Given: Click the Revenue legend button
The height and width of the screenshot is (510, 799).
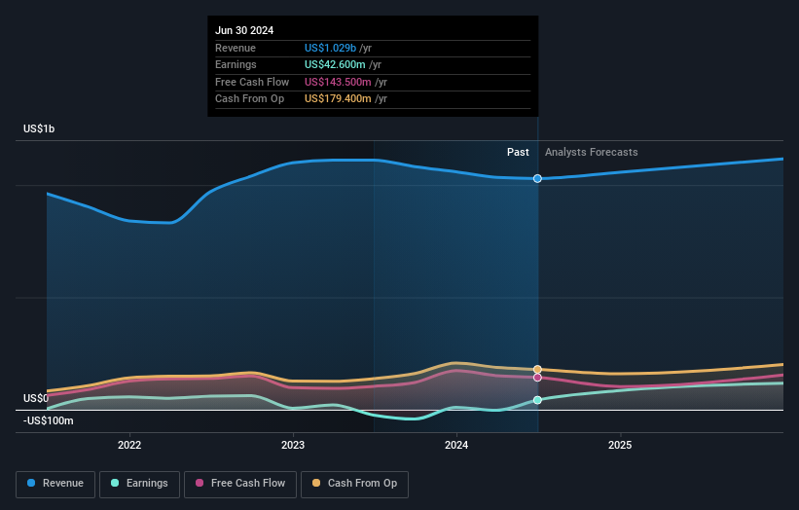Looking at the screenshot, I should (x=56, y=484).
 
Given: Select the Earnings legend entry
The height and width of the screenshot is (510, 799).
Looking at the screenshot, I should (x=139, y=484).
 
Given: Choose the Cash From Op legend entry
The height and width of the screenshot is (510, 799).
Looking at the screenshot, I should (x=354, y=484).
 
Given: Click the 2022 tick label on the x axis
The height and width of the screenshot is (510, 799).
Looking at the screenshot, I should (x=129, y=446).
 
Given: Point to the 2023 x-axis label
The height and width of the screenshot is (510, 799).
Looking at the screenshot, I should (x=293, y=446).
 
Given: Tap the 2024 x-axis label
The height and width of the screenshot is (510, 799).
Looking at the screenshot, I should (x=456, y=446).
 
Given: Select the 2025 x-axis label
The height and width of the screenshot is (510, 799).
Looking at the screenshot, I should (x=620, y=446).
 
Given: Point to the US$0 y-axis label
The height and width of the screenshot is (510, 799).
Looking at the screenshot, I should (x=36, y=398).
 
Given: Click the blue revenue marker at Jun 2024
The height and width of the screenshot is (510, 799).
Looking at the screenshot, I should (x=537, y=178).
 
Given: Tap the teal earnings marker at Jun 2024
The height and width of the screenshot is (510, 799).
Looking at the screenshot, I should (x=537, y=400).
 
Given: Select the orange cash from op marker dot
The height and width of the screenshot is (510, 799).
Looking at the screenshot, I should (x=537, y=369).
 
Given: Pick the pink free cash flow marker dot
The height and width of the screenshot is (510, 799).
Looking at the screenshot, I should (x=537, y=378).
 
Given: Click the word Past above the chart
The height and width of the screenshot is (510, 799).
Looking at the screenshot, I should (x=518, y=152).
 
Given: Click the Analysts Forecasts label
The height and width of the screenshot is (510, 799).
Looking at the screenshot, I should (x=592, y=152).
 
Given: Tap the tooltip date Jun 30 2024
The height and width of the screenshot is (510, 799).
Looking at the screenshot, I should (x=244, y=30).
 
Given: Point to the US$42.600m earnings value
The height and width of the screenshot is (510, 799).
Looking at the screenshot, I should (x=337, y=64).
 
